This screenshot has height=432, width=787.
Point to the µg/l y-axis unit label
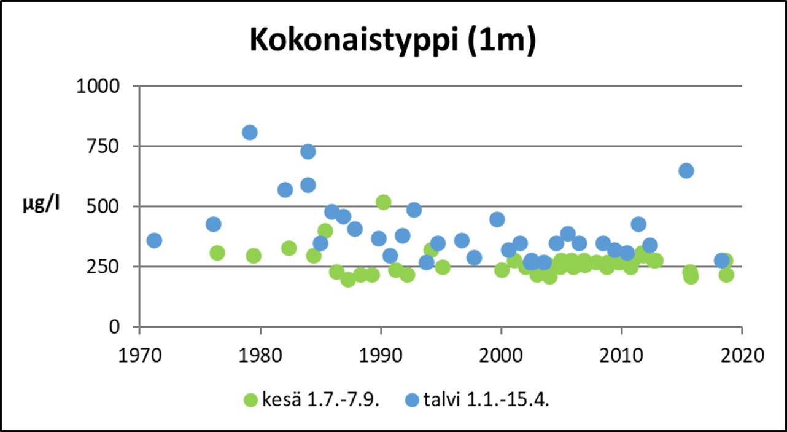click(41, 204)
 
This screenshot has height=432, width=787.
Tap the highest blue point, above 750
click(249, 133)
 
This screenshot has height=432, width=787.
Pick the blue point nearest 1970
click(154, 240)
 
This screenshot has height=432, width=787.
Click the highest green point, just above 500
click(384, 202)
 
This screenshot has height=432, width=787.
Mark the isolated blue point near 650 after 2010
click(686, 171)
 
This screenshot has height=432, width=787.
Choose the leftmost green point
click(217, 253)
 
